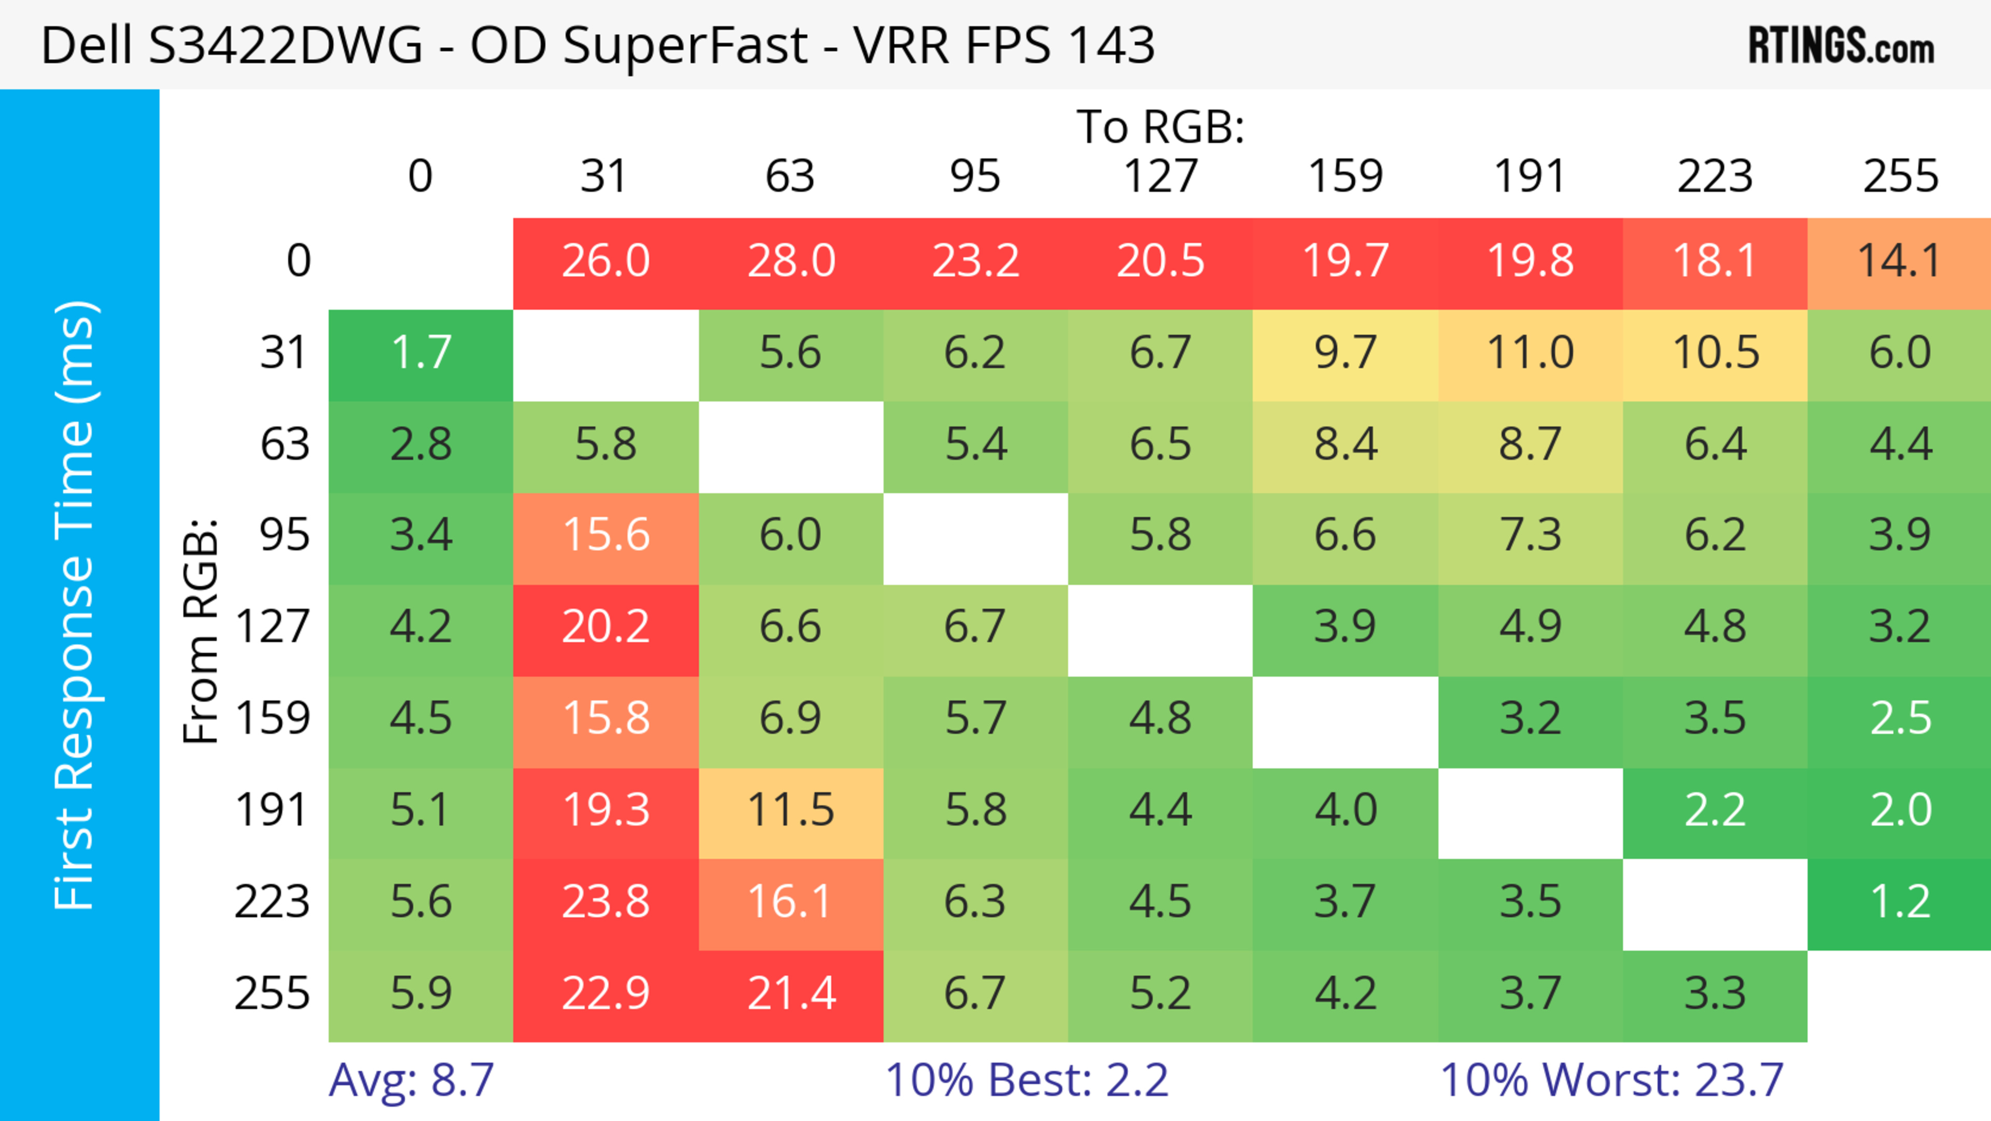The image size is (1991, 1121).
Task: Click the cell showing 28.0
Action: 791,261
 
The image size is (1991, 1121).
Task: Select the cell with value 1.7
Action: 420,353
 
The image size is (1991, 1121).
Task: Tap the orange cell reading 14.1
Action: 1899,261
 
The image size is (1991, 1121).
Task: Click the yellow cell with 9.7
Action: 1345,353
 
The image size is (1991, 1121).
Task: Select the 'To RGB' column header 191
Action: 1530,176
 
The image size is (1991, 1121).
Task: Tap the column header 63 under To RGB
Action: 790,176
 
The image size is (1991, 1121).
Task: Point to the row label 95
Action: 285,535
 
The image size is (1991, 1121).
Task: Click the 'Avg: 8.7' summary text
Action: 411,1080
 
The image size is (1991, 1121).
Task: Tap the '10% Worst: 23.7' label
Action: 1611,1080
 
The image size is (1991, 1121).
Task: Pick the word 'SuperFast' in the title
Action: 685,45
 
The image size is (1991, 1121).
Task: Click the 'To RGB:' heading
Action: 1160,127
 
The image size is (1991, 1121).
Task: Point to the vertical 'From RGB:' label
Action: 200,631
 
